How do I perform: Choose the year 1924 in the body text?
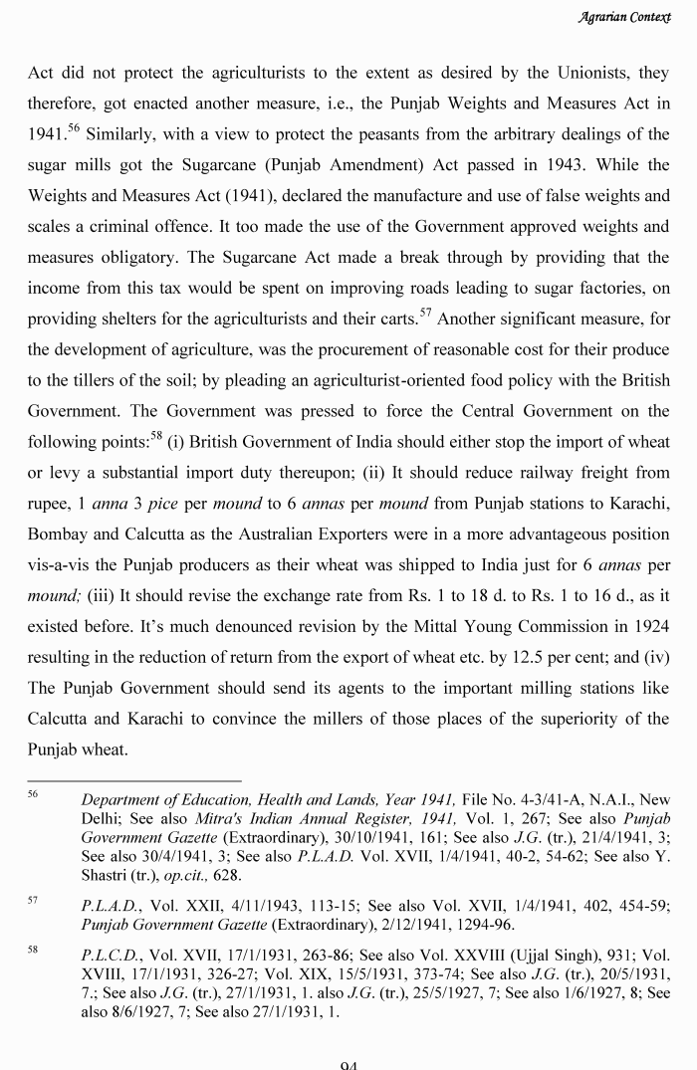click(x=648, y=628)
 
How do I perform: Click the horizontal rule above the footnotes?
click(x=134, y=781)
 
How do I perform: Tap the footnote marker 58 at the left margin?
click(x=33, y=951)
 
